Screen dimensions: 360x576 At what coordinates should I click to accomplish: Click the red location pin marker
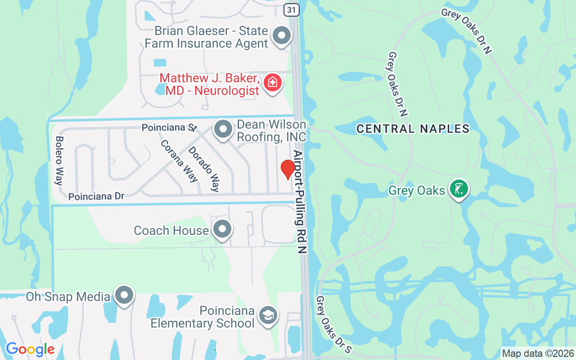point(288,169)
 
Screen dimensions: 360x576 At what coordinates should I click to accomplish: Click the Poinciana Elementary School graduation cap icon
point(268,315)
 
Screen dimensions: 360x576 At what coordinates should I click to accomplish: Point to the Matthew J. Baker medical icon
point(272,83)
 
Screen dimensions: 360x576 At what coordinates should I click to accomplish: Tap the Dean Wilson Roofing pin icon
point(223,129)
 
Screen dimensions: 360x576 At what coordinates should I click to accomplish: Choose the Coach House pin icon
point(221,229)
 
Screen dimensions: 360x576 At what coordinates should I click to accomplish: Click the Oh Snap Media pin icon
point(124,295)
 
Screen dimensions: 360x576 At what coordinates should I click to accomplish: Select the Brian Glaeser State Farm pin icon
point(282,35)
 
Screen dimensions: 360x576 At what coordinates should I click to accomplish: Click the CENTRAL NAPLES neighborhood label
point(413,129)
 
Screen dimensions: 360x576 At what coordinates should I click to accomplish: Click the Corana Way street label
point(179,160)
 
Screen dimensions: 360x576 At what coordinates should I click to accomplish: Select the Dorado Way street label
point(204,169)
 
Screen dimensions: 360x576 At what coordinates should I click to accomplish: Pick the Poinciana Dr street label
point(96,197)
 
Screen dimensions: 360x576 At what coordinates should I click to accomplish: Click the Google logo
point(30,349)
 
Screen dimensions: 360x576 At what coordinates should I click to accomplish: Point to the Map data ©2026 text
point(538,353)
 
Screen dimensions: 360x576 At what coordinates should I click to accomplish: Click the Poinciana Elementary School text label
point(202,317)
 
